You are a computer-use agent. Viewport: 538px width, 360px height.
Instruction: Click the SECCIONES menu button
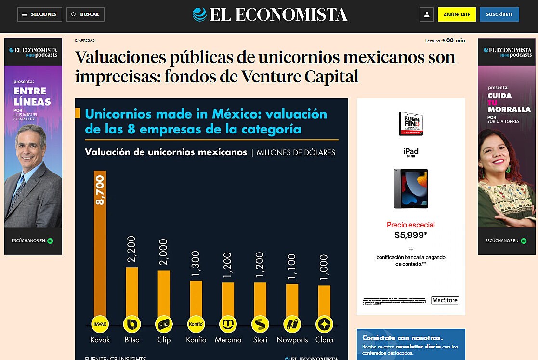(x=39, y=14)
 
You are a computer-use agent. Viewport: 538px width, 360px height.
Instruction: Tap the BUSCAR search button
(x=85, y=14)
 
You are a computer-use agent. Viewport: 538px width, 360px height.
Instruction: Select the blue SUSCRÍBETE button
(x=499, y=14)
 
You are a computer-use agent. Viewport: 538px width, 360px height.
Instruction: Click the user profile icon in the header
(x=427, y=15)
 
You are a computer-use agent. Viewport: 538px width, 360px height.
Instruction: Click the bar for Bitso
(x=132, y=292)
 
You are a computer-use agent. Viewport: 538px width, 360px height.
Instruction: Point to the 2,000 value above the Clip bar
(x=164, y=252)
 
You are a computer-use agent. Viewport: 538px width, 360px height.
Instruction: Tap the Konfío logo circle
(x=196, y=324)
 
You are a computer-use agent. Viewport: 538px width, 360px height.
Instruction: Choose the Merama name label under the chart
(x=228, y=340)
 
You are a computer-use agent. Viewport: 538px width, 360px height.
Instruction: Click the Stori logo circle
(x=260, y=324)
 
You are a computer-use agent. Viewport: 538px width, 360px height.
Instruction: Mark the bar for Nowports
(x=292, y=300)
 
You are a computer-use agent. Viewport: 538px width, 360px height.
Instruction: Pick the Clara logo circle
(x=324, y=324)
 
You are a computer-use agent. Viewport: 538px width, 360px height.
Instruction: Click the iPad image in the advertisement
(x=411, y=188)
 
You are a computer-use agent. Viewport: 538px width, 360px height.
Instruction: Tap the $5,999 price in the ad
(x=411, y=235)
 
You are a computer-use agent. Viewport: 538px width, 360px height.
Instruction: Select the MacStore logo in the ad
(x=445, y=300)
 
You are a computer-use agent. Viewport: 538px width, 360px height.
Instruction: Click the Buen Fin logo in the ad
(x=411, y=123)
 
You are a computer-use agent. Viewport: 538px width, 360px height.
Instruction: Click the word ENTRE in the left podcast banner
(x=30, y=91)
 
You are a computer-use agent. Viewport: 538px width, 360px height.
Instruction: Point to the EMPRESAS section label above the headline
(x=85, y=40)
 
